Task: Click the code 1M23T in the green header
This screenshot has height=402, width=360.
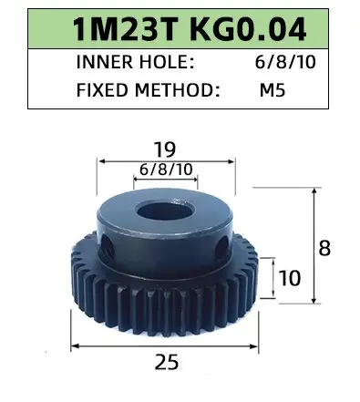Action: pyautogui.click(x=125, y=29)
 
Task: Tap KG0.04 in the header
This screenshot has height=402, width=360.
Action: pyautogui.click(x=248, y=29)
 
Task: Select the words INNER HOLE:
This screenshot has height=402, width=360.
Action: pyautogui.click(x=135, y=62)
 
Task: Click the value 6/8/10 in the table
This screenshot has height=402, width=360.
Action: pyautogui.click(x=285, y=62)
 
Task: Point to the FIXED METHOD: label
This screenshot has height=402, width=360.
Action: pyautogui.click(x=148, y=90)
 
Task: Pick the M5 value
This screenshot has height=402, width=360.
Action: pyautogui.click(x=273, y=90)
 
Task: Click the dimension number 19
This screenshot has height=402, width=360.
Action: pyautogui.click(x=165, y=149)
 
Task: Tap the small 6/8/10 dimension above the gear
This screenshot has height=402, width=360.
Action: pyautogui.click(x=166, y=170)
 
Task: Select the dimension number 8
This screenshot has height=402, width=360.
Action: pyautogui.click(x=324, y=248)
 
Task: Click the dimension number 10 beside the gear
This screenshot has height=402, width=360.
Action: pyautogui.click(x=289, y=278)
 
